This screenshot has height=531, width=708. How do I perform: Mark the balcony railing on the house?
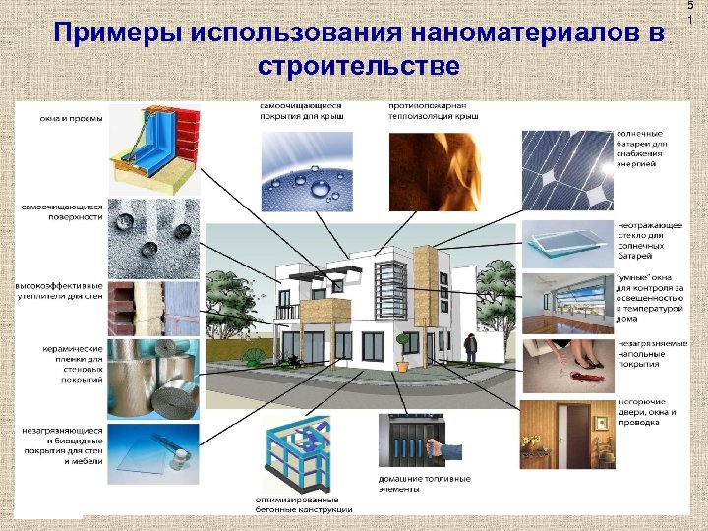(287, 312)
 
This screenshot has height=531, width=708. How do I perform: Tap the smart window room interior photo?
(564, 304)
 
